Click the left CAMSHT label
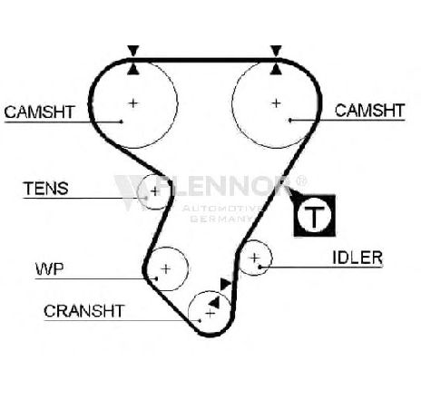(x=39, y=112)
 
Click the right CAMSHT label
(x=370, y=111)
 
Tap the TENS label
(x=46, y=189)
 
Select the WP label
(x=50, y=269)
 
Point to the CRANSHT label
(x=84, y=311)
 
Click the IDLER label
(x=357, y=258)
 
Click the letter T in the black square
(x=315, y=217)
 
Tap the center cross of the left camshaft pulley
(x=133, y=103)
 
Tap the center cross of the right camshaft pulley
(x=276, y=103)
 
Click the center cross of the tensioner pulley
(x=155, y=191)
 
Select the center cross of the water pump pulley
(x=166, y=268)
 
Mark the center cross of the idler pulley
(x=255, y=258)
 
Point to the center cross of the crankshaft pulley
(x=210, y=313)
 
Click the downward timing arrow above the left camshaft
(x=133, y=50)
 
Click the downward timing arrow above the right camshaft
(x=276, y=50)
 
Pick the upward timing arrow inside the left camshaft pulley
(x=133, y=69)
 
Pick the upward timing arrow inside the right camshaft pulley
(x=276, y=69)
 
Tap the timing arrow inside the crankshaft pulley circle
(x=214, y=303)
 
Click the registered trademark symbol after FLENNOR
(x=301, y=181)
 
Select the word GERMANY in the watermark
(x=221, y=219)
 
